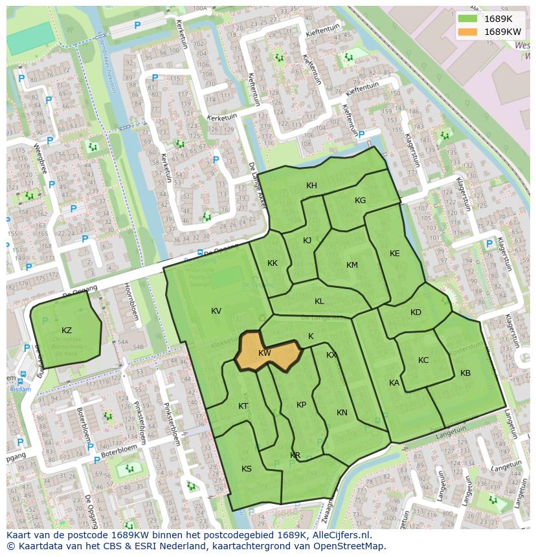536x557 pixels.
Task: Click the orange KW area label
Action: click(x=264, y=353)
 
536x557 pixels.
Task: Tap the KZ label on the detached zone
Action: click(x=67, y=331)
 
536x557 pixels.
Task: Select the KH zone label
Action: click(x=311, y=186)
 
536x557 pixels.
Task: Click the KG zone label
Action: click(x=360, y=201)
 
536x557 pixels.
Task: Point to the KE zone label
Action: click(x=394, y=254)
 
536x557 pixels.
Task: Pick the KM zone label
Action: click(x=352, y=265)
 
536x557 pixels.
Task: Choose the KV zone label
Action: click(x=216, y=311)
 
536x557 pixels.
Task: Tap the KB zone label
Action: click(x=465, y=373)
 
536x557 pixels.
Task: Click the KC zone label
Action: click(x=423, y=360)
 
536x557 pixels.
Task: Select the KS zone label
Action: click(x=246, y=469)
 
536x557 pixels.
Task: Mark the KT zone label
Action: click(x=243, y=406)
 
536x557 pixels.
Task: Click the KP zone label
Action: click(x=301, y=405)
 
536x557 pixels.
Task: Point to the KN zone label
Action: click(x=342, y=413)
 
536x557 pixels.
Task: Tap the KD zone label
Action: click(x=416, y=312)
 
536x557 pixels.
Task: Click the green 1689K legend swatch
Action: click(x=467, y=19)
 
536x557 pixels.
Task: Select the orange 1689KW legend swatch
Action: click(x=467, y=32)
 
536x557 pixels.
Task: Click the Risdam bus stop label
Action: click(x=20, y=389)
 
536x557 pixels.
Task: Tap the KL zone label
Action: click(x=319, y=301)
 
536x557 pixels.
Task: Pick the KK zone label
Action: click(x=273, y=263)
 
